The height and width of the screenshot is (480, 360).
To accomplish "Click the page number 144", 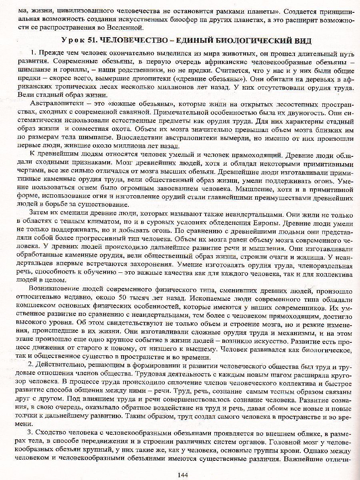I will click(182, 474).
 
